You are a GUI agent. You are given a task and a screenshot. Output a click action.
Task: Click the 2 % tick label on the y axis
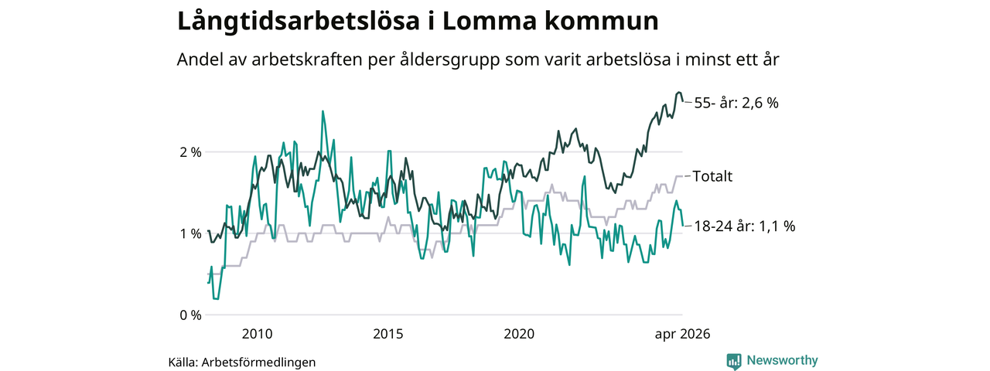190,153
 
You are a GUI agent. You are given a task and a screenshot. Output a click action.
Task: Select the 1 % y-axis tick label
190,233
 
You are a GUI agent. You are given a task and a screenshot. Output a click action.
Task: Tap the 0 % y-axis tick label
190,315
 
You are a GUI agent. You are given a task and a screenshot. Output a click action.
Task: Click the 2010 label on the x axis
258,334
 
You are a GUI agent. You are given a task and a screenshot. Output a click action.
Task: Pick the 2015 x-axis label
388,334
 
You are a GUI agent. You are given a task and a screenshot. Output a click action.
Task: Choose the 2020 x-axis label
519,334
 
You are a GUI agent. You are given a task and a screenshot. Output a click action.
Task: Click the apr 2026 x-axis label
682,335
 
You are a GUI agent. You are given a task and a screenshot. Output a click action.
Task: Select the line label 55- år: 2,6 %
736,104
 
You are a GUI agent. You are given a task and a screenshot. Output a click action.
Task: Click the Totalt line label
712,176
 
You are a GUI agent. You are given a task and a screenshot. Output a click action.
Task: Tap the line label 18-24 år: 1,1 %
745,226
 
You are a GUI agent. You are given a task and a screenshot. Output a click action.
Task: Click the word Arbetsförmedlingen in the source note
258,362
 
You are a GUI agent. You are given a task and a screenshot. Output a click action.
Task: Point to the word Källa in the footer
183,362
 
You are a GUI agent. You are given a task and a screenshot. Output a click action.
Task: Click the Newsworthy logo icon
734,361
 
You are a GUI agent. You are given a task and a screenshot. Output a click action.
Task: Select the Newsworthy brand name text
782,360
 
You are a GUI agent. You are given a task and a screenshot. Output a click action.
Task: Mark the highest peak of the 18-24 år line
323,111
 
